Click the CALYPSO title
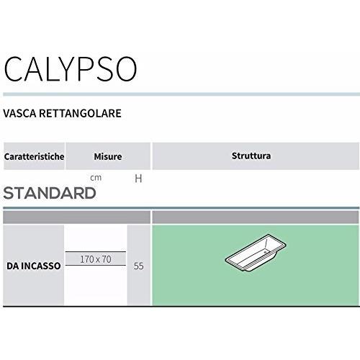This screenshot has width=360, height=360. coord(71,69)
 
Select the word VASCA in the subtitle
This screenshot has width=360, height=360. coord(19,113)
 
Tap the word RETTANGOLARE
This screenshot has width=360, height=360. coord(80,113)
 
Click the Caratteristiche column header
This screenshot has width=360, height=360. coord(34,156)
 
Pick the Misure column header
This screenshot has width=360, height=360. coord(108,156)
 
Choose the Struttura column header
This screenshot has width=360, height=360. coord(251,156)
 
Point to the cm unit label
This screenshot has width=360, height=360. coord(96,178)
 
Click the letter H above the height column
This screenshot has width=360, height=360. coord(138,179)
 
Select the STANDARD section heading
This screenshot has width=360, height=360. coord(50,193)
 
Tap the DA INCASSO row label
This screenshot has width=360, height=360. coord(34,266)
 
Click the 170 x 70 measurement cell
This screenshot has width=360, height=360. coord(96,259)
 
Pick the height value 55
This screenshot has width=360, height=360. coord(139,266)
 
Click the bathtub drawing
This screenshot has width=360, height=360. coord(256,253)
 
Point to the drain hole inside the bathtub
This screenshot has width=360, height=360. coord(265,252)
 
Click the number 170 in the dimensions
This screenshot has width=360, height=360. coord(86,259)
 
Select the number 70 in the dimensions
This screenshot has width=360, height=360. coord(107,259)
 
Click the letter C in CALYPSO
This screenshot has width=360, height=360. coord(14,69)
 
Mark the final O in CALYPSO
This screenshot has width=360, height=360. coord(125,69)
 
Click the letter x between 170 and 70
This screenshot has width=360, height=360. coord(98,260)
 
